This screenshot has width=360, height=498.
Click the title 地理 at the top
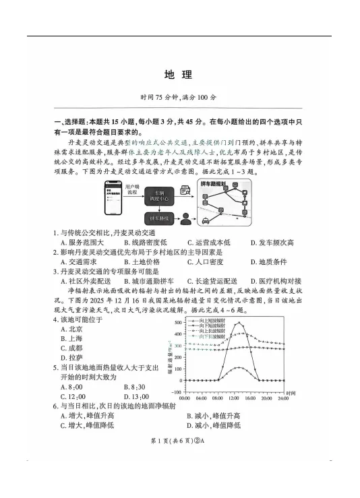pos(179,74)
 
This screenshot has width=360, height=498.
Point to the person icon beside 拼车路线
pos(184,219)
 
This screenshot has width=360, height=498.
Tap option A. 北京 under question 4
pos(71,329)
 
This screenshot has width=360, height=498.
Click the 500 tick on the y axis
pos(178,323)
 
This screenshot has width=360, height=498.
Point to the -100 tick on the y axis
pos(177,392)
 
